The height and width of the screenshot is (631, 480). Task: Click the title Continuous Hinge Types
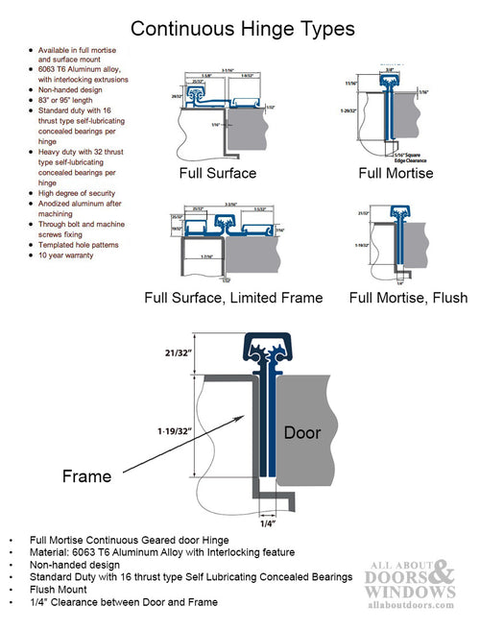coord(242,30)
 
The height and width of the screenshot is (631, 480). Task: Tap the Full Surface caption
coord(217,174)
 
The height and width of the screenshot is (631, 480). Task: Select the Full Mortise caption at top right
coord(396,174)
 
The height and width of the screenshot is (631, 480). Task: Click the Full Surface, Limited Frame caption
coord(233,297)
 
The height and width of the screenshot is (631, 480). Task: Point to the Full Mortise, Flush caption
coord(408,297)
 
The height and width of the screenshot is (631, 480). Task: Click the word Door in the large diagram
coord(301,433)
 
